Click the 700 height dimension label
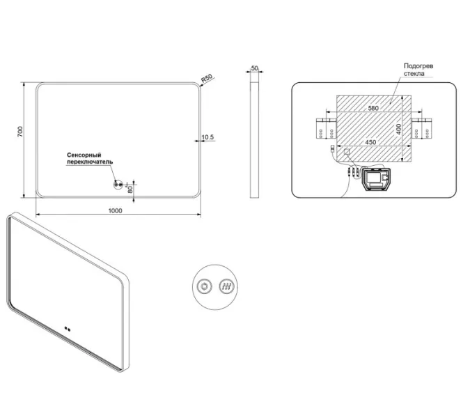19,132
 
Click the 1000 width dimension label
115,210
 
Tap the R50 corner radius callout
207,78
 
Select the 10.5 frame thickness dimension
207,137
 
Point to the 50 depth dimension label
254,68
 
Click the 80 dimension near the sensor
130,189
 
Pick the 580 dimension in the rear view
373,108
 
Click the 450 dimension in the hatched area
371,142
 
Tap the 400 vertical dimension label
398,129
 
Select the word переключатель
90,162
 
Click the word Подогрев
418,66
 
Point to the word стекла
414,73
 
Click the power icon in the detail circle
205,286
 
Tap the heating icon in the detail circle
226,286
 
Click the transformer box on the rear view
376,179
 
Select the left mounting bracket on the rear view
327,129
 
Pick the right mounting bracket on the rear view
422,129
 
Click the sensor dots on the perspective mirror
68,329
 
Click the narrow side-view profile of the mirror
254,139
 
